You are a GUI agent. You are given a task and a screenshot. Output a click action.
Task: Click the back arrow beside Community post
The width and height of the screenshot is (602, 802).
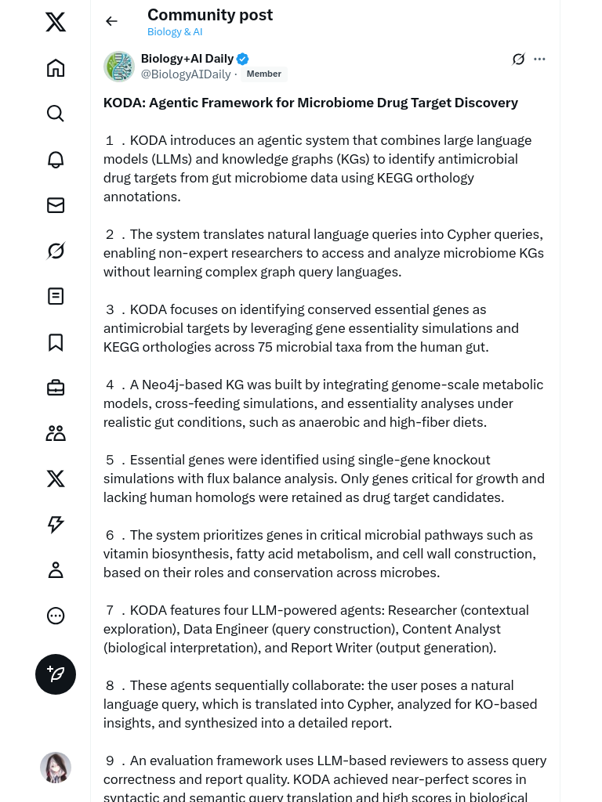(x=111, y=21)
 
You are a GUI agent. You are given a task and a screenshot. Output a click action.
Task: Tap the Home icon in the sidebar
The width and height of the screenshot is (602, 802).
(x=56, y=68)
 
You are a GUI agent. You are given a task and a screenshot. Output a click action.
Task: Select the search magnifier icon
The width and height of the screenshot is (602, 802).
(x=56, y=114)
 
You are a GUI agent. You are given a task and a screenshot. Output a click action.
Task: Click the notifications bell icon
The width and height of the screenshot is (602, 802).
(x=56, y=160)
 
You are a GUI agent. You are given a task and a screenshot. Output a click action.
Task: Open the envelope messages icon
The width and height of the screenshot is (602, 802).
(x=56, y=205)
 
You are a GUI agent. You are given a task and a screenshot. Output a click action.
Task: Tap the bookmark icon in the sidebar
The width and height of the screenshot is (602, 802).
(x=56, y=342)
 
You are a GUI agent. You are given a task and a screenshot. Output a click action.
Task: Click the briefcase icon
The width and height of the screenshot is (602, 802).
(x=56, y=388)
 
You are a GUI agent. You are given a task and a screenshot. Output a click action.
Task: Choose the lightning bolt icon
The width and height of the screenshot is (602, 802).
(x=56, y=524)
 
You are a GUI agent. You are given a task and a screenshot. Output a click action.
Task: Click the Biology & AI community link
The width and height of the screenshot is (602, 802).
(x=175, y=32)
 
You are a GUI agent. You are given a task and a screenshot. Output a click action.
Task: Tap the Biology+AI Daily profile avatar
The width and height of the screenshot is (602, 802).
(x=119, y=67)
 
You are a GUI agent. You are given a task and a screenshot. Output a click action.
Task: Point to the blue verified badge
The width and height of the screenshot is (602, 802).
(x=243, y=59)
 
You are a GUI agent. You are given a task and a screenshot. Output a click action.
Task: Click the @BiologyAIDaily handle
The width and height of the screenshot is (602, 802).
(x=186, y=74)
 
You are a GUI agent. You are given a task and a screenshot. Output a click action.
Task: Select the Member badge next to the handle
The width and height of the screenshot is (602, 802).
(x=263, y=74)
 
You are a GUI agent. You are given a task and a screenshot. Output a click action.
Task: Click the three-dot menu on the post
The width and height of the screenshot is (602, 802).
(x=539, y=59)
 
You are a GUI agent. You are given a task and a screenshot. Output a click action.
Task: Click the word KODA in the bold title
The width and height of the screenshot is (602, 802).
(x=123, y=103)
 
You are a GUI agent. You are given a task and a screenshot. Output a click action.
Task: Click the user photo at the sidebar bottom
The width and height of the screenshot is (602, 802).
(x=56, y=768)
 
